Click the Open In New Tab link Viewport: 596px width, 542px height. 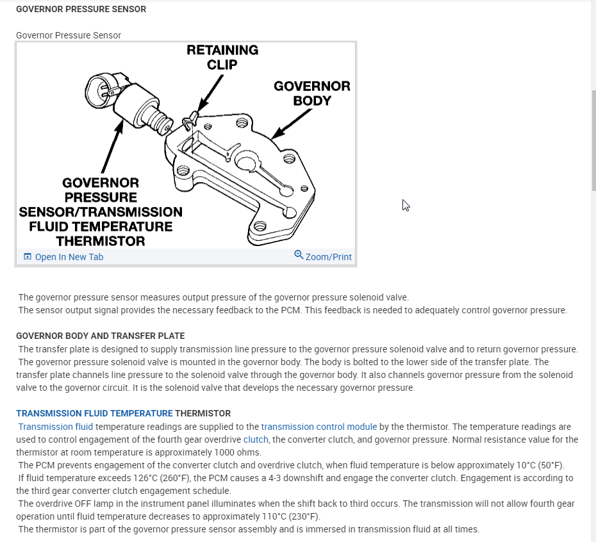pos(69,257)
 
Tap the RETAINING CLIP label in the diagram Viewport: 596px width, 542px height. pos(222,57)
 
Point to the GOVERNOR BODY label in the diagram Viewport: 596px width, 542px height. pos(312,94)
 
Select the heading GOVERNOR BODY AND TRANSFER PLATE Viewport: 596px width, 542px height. pos(100,336)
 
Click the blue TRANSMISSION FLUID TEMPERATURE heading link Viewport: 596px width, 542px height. pos(94,413)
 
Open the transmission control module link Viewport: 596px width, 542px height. pos(319,427)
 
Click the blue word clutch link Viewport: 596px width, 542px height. pos(256,439)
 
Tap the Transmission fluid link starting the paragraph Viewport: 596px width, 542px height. pos(56,427)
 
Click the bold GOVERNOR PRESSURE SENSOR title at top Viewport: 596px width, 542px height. pos(81,10)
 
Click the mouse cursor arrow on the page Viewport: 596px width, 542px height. pos(406,205)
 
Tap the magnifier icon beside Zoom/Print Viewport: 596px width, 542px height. pos(299,255)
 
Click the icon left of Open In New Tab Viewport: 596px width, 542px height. pos(27,257)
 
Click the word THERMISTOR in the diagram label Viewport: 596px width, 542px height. pos(100,241)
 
